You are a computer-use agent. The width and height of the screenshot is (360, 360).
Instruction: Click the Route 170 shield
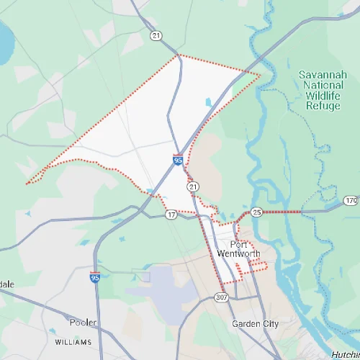pyautogui.click(x=351, y=199)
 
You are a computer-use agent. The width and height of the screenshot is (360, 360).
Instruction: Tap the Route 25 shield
pyautogui.click(x=257, y=212)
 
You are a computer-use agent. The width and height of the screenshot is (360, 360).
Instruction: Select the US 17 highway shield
pyautogui.click(x=171, y=215)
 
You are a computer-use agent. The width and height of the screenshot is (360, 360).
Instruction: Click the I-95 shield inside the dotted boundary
pyautogui.click(x=177, y=160)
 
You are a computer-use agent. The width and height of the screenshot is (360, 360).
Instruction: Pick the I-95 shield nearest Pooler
pyautogui.click(x=95, y=276)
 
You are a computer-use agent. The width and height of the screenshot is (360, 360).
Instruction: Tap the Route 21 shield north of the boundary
pyautogui.click(x=156, y=35)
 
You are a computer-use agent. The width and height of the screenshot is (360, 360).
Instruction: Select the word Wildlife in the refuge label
pyautogui.click(x=322, y=94)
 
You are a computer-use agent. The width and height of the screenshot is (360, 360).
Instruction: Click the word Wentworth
pyautogui.click(x=238, y=253)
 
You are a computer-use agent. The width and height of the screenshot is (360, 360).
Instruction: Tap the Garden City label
pyautogui.click(x=255, y=324)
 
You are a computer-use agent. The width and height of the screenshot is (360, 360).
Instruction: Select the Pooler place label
pyautogui.click(x=83, y=322)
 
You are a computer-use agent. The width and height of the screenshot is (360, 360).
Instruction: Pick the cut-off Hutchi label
pyautogui.click(x=346, y=354)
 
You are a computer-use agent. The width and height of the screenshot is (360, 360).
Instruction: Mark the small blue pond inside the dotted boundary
pyautogui.click(x=209, y=102)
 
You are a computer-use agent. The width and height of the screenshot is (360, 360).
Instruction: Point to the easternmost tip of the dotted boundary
pyautogui.click(x=260, y=73)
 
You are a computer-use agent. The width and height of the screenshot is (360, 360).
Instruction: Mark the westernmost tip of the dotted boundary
pyautogui.click(x=27, y=184)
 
